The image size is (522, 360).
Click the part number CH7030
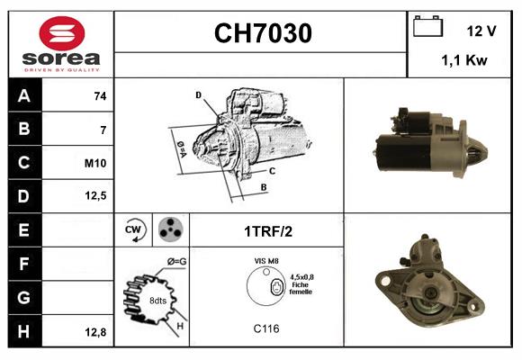263,34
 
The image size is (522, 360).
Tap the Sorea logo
59,42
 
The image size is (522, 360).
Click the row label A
24,95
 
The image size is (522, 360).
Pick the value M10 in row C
95,163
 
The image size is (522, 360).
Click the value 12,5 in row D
95,196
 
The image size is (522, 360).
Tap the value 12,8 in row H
95,331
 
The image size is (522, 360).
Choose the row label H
24,331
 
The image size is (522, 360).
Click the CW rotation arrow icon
134,230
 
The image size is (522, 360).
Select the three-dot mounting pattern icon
169,230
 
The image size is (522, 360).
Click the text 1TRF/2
267,231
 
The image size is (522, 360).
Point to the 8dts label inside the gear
157,301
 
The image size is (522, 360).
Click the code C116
266,329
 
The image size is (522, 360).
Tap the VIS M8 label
267,261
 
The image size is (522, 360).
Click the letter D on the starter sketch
198,94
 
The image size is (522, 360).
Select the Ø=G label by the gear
176,262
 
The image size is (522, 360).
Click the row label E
24,230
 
